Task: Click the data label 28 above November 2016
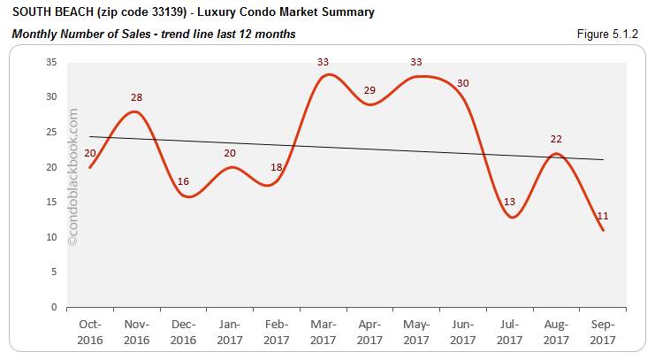[x=135, y=97]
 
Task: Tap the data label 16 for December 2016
[x=184, y=181]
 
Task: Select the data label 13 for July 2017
[x=509, y=202]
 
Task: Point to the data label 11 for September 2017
[x=603, y=216]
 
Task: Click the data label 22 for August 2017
[x=557, y=139]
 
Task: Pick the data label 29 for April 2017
[x=369, y=90]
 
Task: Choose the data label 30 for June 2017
[x=463, y=83]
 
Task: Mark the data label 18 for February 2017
[x=277, y=167]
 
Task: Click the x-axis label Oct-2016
[x=90, y=333]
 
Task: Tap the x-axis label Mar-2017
[x=324, y=333]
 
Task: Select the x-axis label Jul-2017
[x=510, y=333]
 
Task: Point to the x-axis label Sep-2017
[x=603, y=333]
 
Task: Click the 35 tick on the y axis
[x=50, y=62]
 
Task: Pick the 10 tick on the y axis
[x=50, y=237]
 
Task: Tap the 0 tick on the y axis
[x=53, y=308]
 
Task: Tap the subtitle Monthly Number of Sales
[x=80, y=34]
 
